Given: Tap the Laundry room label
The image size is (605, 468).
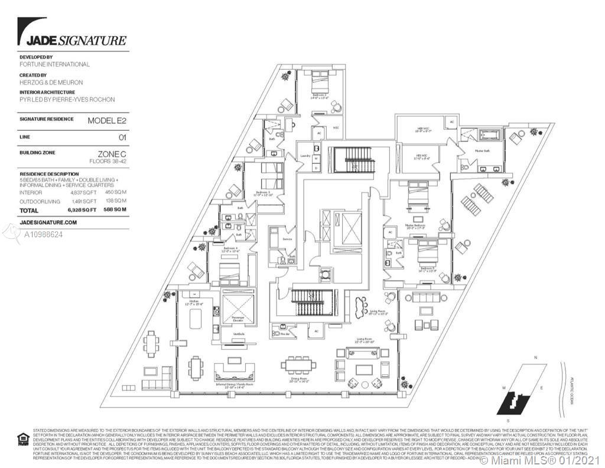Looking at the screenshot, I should coord(305,156).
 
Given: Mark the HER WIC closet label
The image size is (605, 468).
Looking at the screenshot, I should coord(417,131).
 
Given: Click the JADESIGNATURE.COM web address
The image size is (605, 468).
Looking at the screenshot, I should coord(48,222).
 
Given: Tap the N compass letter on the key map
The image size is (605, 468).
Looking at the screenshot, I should coord(535,358).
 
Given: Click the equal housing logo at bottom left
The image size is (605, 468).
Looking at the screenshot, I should coord(22,438).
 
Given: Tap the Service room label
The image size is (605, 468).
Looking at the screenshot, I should coord(287,239).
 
